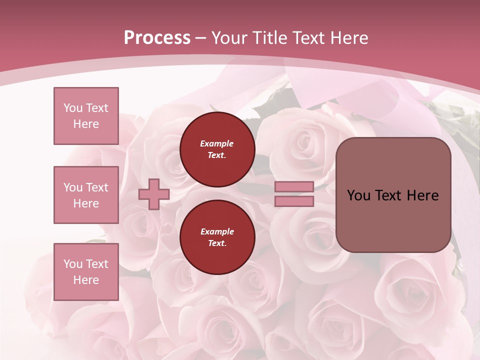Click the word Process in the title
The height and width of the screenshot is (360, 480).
point(157,38)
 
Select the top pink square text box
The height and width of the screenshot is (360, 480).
point(86,116)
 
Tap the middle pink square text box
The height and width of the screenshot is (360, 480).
point(86,195)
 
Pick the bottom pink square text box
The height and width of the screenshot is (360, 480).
point(86,272)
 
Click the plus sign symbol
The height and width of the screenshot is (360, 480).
point(154,194)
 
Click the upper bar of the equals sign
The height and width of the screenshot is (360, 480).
point(294,187)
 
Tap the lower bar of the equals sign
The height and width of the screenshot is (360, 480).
point(294,201)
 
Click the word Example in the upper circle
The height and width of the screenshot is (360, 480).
point(217,143)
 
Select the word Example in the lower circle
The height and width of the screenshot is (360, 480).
point(217,231)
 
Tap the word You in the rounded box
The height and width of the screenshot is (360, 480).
point(358,195)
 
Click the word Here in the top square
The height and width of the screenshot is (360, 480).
point(86,124)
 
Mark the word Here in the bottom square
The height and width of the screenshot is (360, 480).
point(86,280)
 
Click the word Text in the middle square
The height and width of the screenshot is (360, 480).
point(97,187)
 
